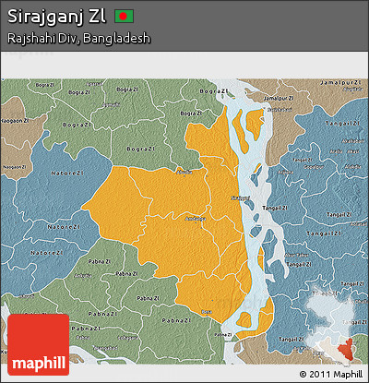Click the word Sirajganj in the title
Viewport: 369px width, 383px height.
(x=45, y=17)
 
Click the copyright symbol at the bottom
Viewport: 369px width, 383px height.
(x=304, y=374)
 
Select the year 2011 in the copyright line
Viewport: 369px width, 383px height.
(x=319, y=374)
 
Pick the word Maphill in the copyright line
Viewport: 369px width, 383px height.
(x=347, y=374)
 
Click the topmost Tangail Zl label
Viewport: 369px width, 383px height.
(x=343, y=124)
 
